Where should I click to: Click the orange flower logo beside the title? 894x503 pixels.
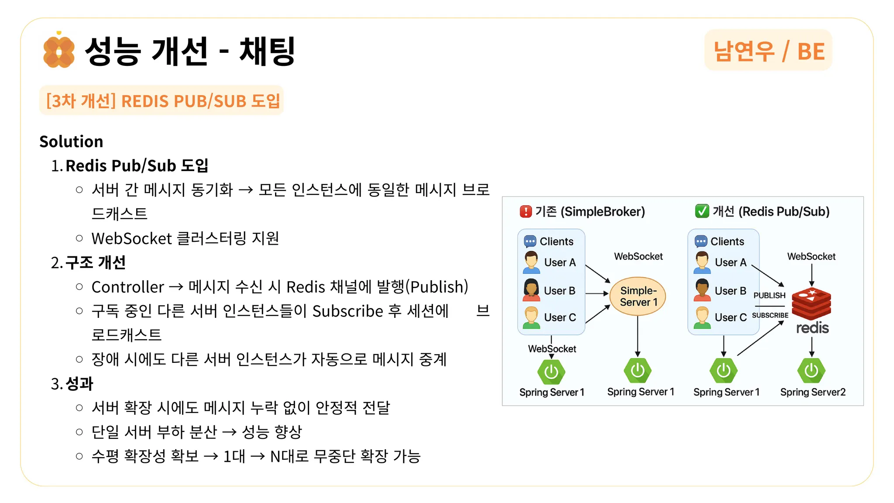coord(58,52)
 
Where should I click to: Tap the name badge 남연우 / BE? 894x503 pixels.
coord(768,51)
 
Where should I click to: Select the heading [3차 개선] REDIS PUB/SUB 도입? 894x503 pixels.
coord(162,101)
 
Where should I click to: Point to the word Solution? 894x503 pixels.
coord(71,141)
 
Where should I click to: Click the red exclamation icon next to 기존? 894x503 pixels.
coord(526,212)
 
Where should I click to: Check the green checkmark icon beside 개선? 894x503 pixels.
coord(702,211)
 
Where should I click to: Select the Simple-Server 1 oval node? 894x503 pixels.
coord(638,296)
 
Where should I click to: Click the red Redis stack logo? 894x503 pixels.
coord(811,304)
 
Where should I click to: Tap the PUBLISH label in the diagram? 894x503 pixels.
coord(769,296)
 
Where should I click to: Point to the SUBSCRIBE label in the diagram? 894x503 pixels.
coord(770,315)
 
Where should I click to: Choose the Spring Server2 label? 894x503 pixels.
coord(813,392)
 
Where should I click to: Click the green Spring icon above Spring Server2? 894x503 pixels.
coord(811,371)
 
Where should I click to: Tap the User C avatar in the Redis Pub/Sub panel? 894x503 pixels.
coord(702,317)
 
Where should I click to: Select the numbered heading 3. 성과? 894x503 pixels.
coord(72,384)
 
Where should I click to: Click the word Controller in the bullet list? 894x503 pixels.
coord(127,287)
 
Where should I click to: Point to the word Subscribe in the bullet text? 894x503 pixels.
coord(347,311)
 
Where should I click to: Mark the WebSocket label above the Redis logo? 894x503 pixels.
coord(811,256)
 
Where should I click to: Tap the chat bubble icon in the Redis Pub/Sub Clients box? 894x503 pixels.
coord(701,241)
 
